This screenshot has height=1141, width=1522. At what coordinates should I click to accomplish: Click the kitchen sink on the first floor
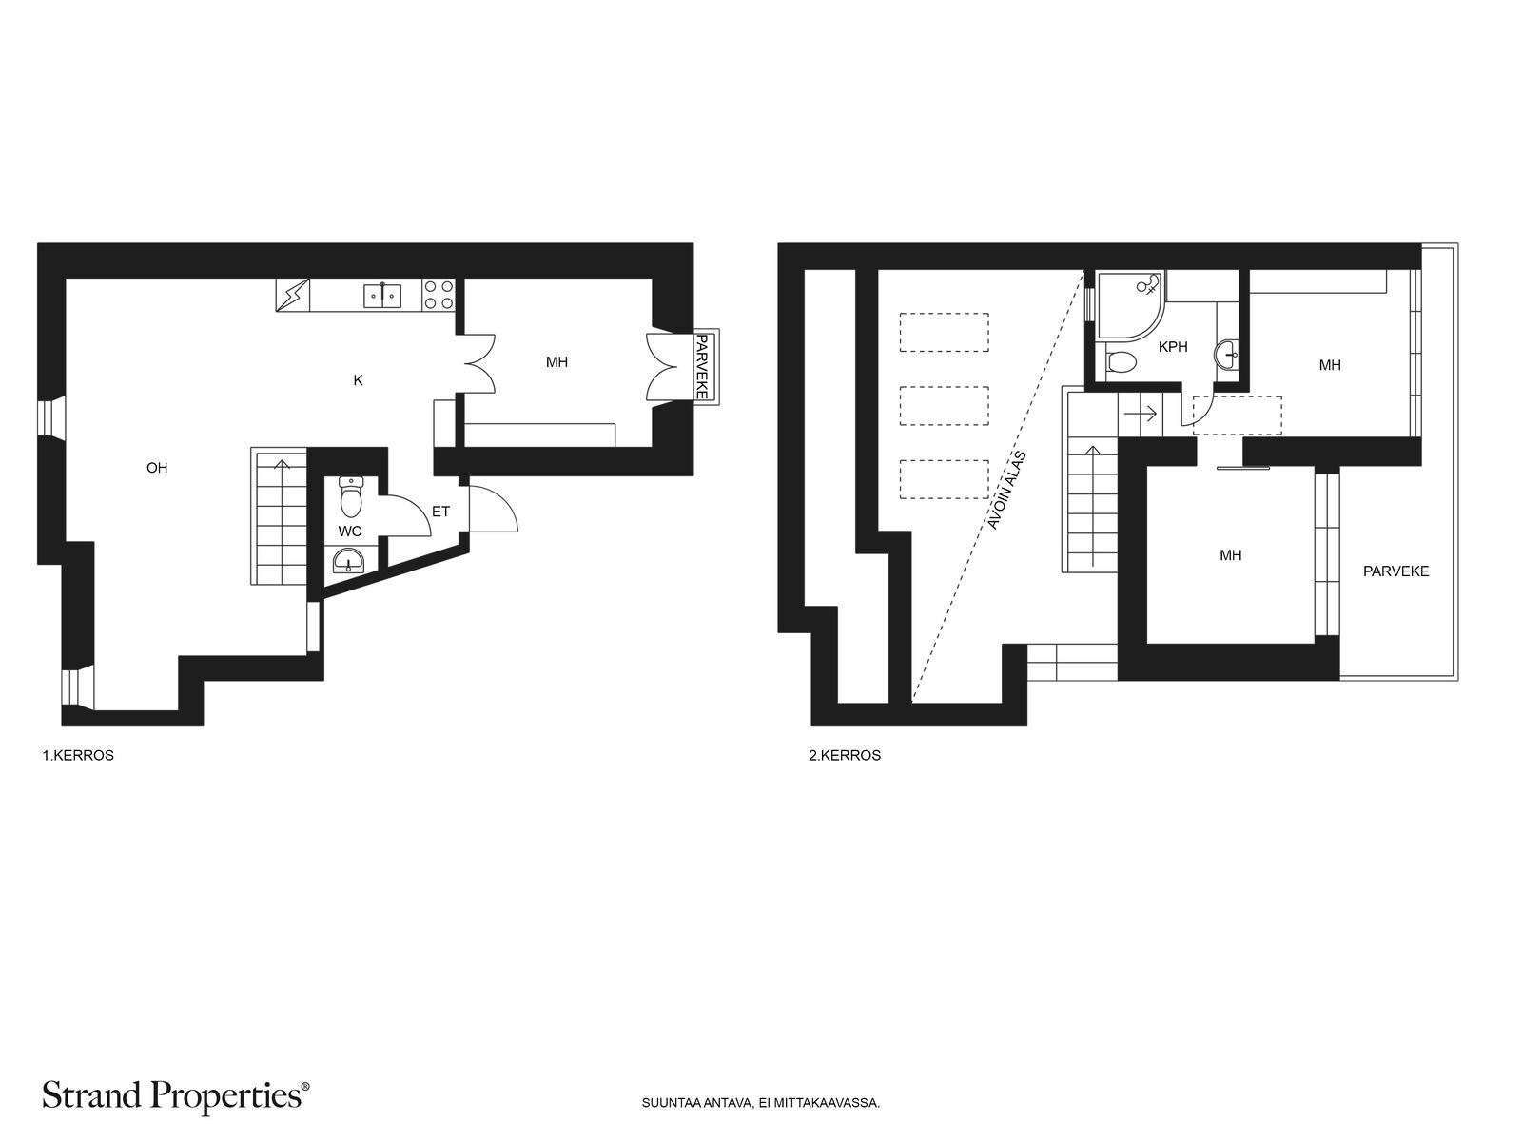[x=382, y=296]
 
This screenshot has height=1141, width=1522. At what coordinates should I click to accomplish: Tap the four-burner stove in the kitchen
[x=439, y=295]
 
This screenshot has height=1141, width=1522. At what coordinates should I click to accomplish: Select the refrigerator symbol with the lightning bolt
[x=293, y=295]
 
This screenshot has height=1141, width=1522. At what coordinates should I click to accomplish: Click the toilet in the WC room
[x=352, y=496]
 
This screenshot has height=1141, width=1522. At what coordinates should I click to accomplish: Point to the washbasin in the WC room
[x=348, y=560]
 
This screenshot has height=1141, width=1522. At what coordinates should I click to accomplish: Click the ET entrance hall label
[x=441, y=512]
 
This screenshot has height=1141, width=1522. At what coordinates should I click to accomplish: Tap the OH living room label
[x=157, y=468]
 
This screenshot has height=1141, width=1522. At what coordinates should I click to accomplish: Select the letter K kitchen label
[x=358, y=379]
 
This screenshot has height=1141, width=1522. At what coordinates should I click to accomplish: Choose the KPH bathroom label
[x=1173, y=346]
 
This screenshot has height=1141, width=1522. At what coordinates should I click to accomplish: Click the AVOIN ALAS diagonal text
[x=1006, y=491]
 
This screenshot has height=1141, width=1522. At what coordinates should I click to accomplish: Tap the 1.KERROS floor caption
[x=78, y=755]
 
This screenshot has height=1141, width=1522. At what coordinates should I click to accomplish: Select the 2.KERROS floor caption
[x=845, y=755]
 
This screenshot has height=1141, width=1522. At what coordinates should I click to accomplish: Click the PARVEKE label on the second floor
[x=1395, y=571]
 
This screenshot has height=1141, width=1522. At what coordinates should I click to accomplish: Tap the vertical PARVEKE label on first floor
[x=701, y=366]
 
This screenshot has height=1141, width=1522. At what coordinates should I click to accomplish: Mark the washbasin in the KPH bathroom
[x=1226, y=354]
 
